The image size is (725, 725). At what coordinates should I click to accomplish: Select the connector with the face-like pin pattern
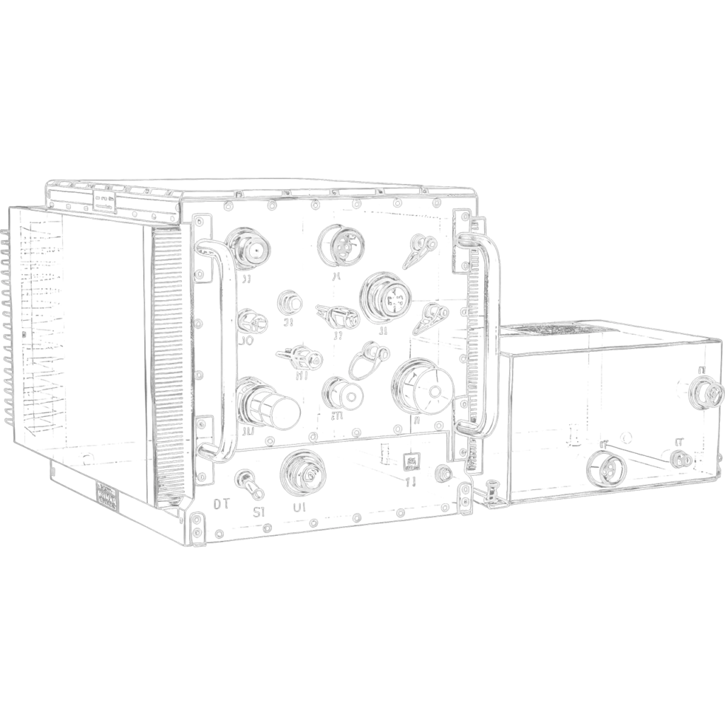pos(338,244)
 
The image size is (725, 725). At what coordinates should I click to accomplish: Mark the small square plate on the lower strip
pos(411,464)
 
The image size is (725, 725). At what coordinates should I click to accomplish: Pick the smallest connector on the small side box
pos(680,459)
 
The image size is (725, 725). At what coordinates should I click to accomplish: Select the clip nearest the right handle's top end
pos(423,248)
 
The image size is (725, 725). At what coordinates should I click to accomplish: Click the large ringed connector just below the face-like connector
pos(384,296)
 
